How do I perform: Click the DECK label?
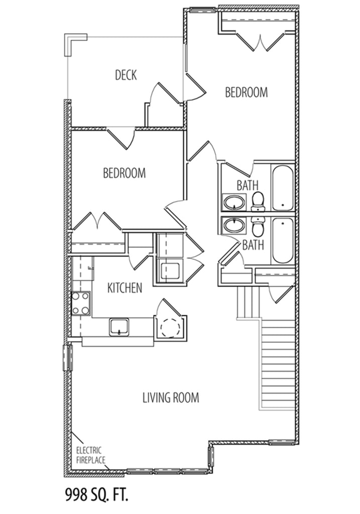126,75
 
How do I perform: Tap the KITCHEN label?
125,288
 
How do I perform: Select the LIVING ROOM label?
171,398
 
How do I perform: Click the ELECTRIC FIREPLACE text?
90,455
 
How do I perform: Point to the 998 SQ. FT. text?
96,494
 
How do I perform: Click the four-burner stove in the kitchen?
81,303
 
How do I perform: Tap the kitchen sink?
119,327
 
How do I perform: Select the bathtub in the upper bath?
283,188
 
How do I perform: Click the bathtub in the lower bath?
282,240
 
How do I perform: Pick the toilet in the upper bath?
259,202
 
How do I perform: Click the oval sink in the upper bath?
234,202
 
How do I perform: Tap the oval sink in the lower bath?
234,225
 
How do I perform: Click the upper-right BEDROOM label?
246,92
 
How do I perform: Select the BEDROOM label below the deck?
124,173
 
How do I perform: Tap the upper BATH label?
248,186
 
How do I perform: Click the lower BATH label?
253,244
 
